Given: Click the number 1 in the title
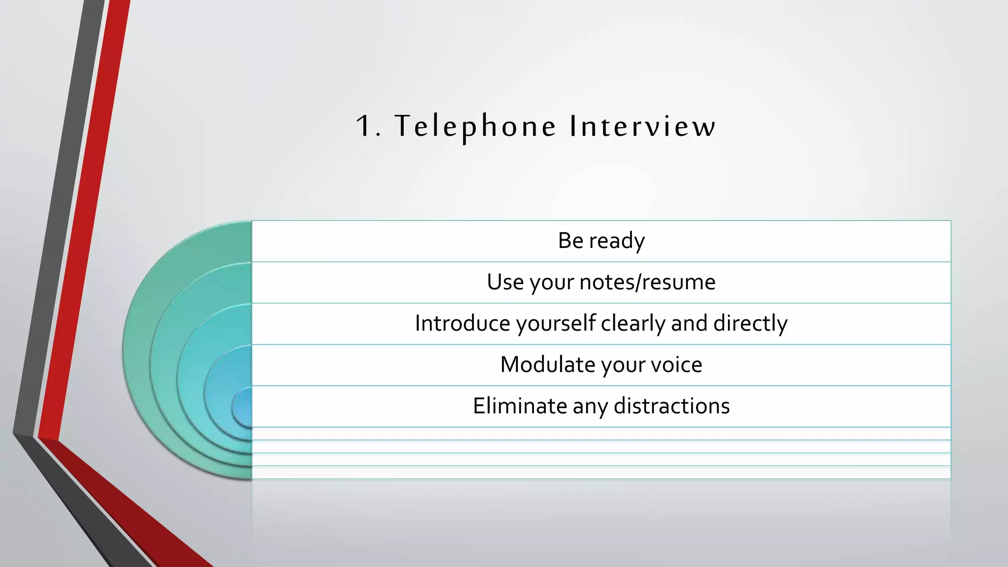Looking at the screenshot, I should (365, 126).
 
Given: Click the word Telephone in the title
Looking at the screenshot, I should (475, 127).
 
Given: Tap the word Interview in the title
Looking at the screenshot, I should (642, 126).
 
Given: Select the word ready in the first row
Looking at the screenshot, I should (617, 241).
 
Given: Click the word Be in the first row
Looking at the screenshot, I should (570, 241).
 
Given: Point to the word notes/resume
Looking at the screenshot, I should (647, 282).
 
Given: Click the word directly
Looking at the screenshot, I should (750, 323).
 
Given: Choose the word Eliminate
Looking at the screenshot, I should (520, 406).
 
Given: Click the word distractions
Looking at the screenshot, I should (671, 406).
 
